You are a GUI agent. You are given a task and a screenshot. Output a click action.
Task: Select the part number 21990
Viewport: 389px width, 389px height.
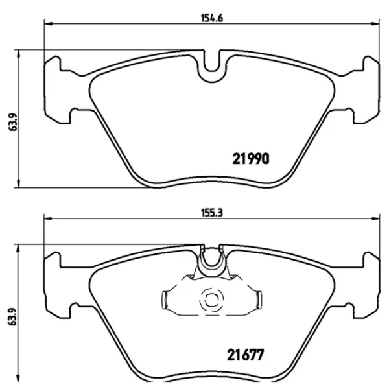coord(250,158)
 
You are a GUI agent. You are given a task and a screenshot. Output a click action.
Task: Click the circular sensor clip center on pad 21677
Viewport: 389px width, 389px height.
coord(211,300)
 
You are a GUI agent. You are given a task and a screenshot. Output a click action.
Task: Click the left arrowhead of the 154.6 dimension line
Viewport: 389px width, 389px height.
coord(47,25)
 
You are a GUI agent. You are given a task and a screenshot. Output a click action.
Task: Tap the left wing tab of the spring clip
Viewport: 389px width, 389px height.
coord(165,300)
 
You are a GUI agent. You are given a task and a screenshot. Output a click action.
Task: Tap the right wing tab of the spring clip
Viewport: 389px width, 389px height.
coord(257,300)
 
